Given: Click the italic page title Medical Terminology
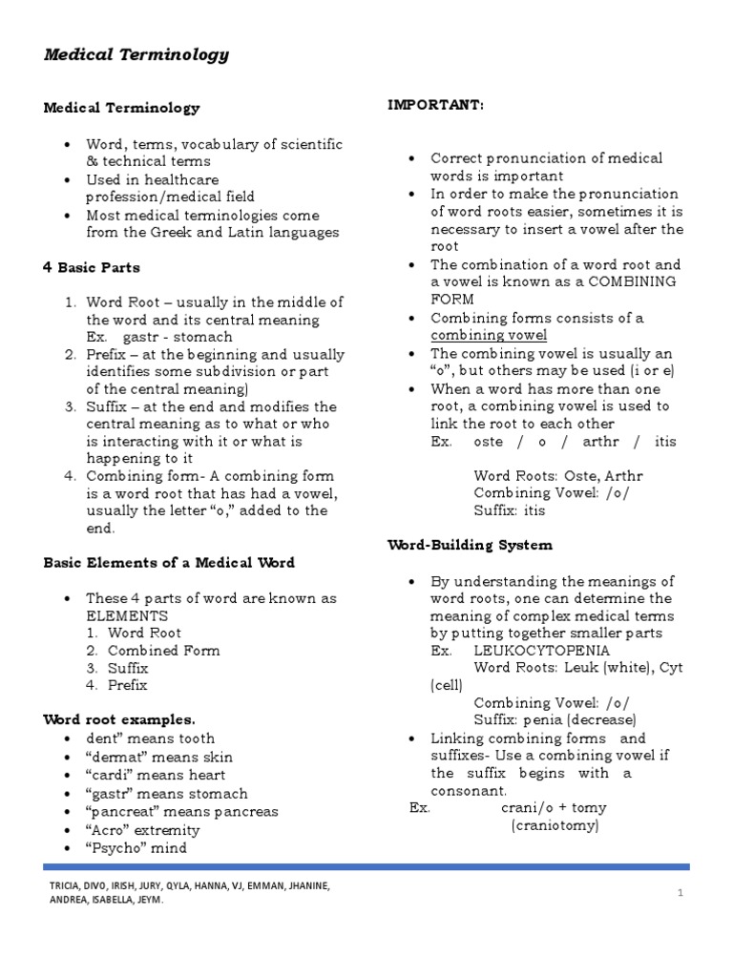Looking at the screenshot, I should tap(136, 54).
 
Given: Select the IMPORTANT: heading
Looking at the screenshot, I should tap(435, 105).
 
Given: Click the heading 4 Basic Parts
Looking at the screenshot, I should tap(92, 267).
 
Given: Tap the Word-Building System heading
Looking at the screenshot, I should tap(470, 545).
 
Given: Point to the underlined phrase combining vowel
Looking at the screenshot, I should tap(489, 335).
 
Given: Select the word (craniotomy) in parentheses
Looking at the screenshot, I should tap(555, 825).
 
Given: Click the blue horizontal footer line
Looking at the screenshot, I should tap(366, 866).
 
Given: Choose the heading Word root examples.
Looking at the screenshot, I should tap(119, 719).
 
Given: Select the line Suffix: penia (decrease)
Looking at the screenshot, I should tap(555, 720).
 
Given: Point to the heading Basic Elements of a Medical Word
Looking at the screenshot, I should tap(169, 563).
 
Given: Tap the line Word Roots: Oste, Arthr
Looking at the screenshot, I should tap(558, 476).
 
